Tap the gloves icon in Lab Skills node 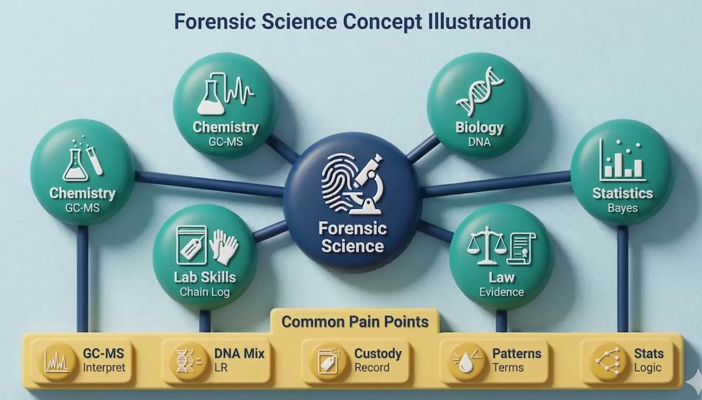[224, 246]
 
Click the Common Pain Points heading [355, 322]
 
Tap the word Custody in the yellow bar [378, 353]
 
